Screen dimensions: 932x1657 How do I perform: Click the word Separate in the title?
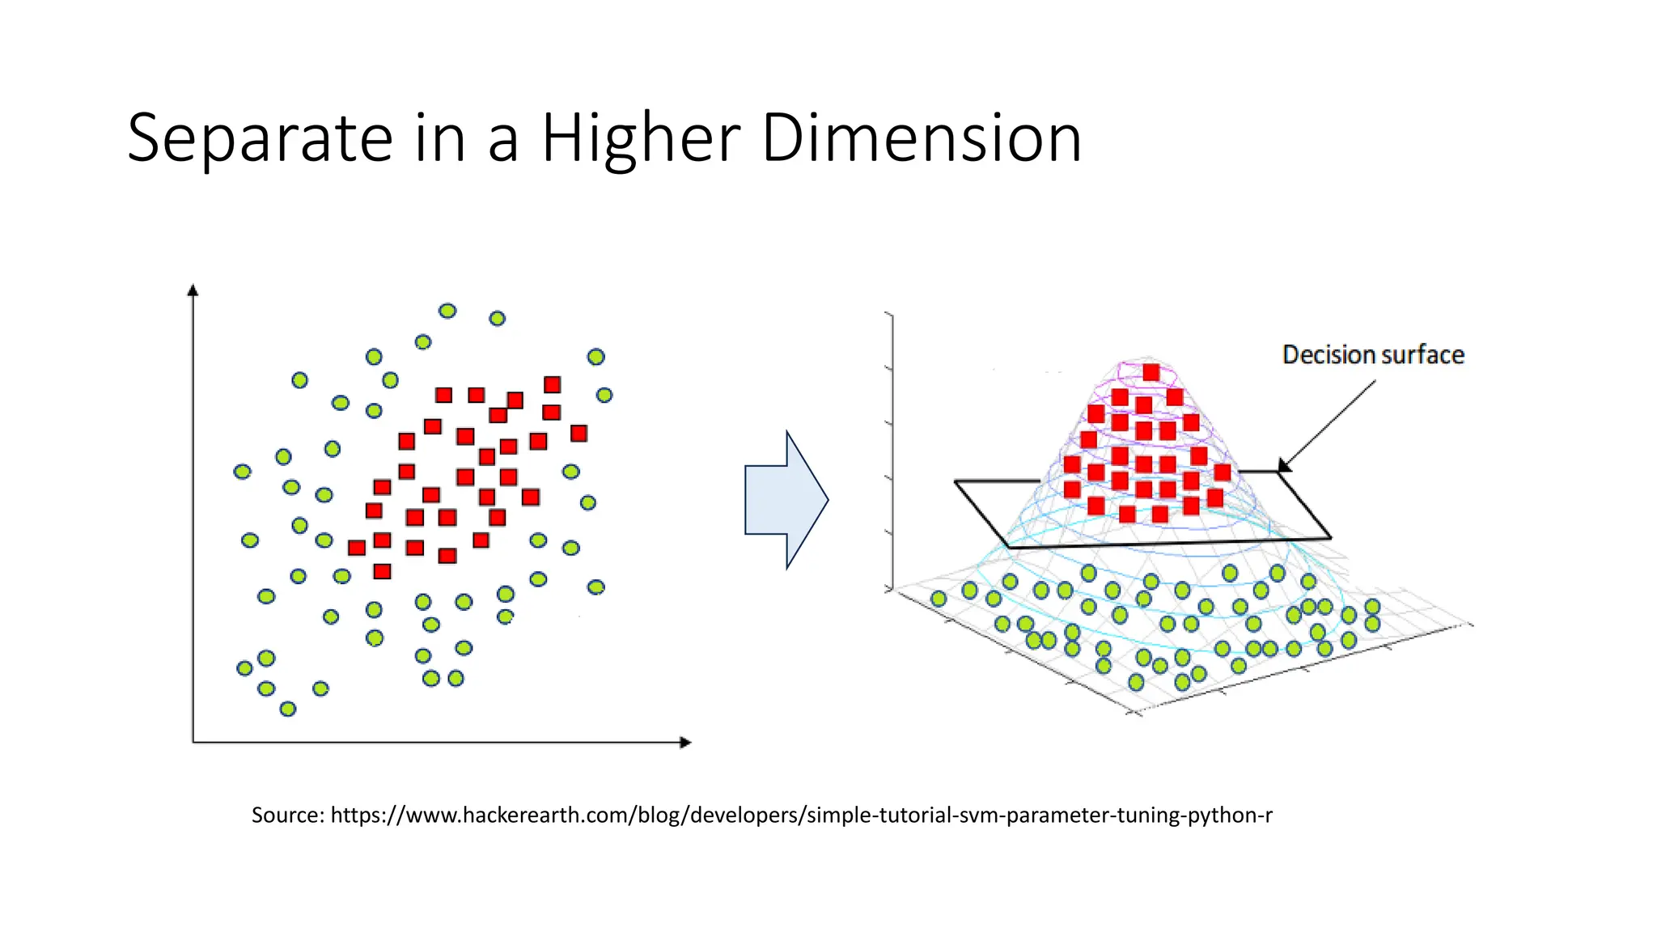click(260, 139)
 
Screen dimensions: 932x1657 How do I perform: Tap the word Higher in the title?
click(640, 139)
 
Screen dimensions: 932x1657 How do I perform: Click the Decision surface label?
click(1373, 355)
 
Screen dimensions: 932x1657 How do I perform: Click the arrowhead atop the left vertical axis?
click(193, 290)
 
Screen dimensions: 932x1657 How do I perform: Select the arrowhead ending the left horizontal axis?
click(686, 742)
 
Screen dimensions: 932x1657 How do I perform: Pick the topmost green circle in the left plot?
click(447, 311)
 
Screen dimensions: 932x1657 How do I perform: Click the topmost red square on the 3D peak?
click(1151, 372)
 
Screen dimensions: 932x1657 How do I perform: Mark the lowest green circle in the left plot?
click(287, 709)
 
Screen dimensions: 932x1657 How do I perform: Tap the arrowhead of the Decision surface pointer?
click(1283, 467)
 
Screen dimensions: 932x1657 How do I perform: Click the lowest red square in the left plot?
click(382, 572)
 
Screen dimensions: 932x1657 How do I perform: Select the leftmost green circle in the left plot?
click(242, 471)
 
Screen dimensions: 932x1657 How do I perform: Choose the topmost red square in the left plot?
click(552, 384)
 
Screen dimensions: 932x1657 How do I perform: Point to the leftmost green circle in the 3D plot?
click(939, 599)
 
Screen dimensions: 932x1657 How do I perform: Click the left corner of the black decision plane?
click(956, 482)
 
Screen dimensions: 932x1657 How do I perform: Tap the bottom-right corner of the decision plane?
click(1329, 537)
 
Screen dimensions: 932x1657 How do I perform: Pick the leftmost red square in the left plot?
click(356, 548)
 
